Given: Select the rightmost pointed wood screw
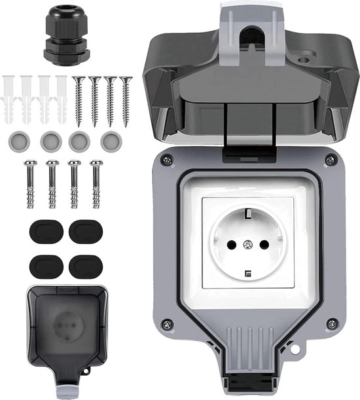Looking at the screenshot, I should pyautogui.click(x=126, y=100).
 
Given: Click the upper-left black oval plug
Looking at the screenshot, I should pyautogui.click(x=42, y=232).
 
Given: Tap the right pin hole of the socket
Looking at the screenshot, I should pyautogui.click(x=264, y=244).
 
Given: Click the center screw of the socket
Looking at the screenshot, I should pyautogui.click(x=247, y=245).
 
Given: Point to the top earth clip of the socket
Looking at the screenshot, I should pyautogui.click(x=247, y=213).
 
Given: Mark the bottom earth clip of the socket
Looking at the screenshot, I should pyautogui.click(x=247, y=274).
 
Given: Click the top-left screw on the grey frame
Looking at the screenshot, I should pyautogui.click(x=168, y=159).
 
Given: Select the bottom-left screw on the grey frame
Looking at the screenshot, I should pyautogui.click(x=168, y=323).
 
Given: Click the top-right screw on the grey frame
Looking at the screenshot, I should pyautogui.click(x=332, y=160).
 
